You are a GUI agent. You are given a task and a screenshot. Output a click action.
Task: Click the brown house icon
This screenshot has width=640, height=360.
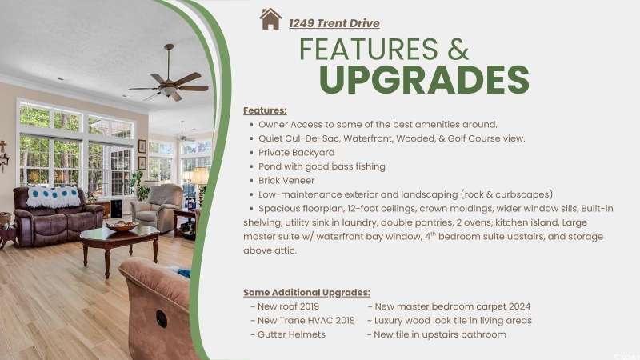270,18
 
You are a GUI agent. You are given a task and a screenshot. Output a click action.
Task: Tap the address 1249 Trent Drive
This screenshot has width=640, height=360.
334,23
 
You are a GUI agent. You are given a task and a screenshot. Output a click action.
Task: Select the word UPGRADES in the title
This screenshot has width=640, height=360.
424,79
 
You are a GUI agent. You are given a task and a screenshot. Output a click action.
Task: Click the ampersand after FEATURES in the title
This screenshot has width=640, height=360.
458,50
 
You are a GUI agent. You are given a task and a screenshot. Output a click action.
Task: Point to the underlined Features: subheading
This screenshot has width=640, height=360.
265,110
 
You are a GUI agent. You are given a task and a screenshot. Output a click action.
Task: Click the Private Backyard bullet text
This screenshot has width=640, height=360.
296,152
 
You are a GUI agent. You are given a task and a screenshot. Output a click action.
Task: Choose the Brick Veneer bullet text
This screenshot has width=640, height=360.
286,181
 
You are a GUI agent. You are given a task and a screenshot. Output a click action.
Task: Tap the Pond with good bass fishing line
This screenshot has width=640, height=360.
322,166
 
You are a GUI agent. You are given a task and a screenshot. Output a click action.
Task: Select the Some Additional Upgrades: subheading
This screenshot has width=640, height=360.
306,293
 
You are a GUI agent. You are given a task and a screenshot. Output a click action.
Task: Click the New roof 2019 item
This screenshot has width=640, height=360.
285,306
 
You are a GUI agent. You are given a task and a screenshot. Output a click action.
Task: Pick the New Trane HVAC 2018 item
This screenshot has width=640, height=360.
302,321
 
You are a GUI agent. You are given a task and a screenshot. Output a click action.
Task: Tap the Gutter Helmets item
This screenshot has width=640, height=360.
288,334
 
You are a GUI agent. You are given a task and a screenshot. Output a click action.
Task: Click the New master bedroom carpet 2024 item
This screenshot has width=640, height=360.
449,306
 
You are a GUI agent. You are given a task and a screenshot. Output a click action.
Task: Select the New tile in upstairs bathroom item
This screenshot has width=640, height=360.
437,334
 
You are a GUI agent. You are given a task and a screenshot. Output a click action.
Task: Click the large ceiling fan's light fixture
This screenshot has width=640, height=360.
168,90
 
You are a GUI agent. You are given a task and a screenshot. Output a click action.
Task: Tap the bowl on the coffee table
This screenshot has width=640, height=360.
122,226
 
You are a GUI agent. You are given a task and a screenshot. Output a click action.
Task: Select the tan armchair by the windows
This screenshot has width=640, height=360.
158,207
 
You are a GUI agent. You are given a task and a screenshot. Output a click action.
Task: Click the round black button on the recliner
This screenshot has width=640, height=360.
162,318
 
